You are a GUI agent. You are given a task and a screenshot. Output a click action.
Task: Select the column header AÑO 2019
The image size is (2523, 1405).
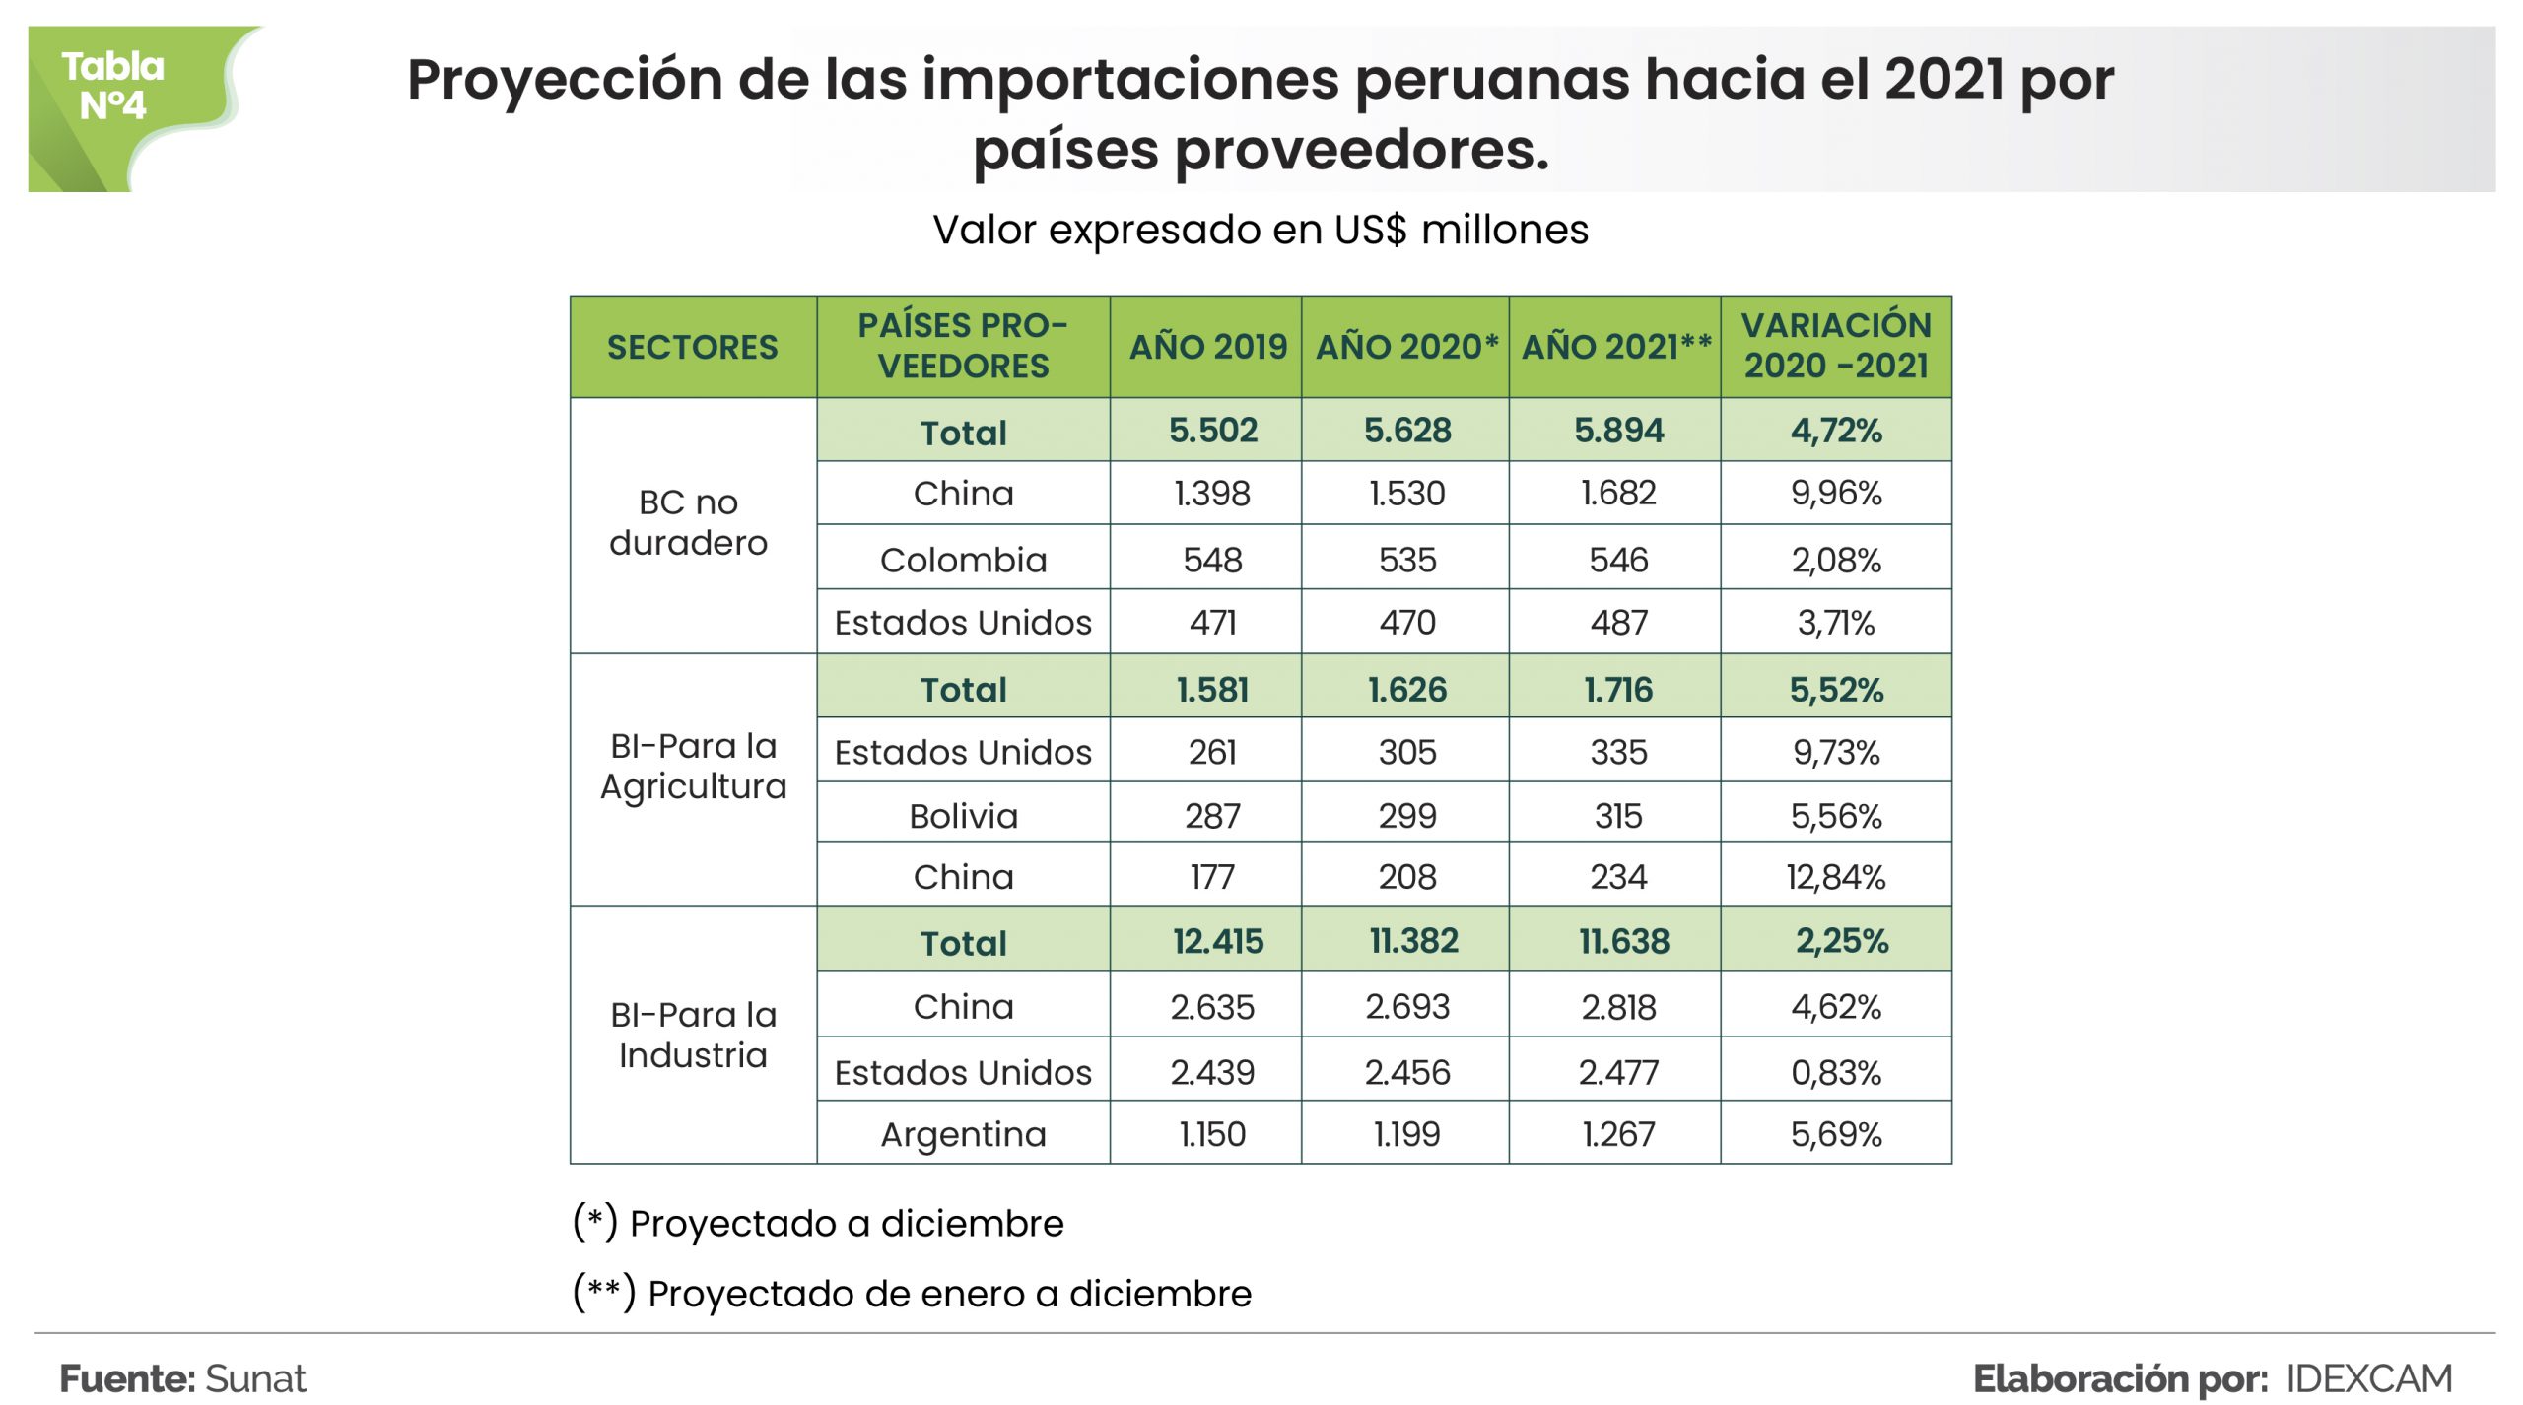1207,347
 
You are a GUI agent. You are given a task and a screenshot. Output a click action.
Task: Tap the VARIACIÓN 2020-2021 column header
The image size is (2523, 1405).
1835,346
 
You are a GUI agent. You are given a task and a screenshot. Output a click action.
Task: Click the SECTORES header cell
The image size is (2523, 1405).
692,347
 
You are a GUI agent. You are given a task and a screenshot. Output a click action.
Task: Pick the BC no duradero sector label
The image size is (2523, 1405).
688,522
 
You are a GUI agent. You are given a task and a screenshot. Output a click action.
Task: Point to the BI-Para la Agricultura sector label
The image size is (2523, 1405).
693,766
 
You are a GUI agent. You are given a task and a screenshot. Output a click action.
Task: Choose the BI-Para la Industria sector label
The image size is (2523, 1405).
693,1035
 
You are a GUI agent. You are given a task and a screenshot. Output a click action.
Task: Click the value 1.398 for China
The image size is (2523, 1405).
1211,493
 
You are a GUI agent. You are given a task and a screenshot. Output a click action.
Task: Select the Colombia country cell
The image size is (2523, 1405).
963,560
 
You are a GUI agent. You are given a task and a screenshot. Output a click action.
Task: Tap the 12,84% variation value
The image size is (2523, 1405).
1835,876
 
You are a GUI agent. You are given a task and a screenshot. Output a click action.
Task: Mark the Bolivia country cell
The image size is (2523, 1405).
963,816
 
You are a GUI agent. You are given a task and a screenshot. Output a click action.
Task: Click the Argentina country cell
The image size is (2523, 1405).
963,1134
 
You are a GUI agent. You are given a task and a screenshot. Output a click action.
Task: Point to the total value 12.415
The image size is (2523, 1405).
1217,941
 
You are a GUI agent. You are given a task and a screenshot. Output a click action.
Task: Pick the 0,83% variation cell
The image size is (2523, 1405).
1835,1071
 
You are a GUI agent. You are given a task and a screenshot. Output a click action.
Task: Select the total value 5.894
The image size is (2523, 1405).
1618,430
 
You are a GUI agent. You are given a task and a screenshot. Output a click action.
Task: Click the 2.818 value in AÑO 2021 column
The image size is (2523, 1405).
1618,1007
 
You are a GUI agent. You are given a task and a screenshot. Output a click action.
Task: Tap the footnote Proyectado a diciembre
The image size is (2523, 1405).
846,1223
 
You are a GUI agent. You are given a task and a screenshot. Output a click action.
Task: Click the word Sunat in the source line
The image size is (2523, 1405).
255,1378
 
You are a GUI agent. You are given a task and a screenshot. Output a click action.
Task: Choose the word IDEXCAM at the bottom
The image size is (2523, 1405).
2368,1378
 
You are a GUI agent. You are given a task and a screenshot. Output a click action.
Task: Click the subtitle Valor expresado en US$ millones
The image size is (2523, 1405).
1261,230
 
